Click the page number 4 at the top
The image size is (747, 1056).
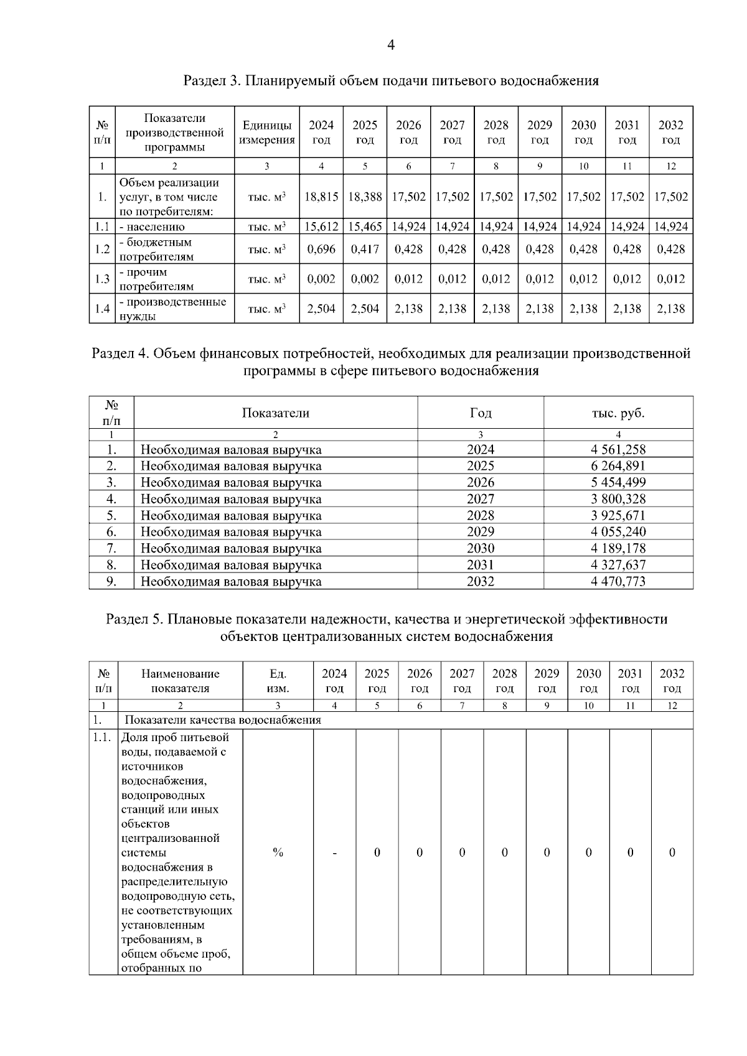pyautogui.click(x=391, y=45)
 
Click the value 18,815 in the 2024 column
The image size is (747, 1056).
pyautogui.click(x=321, y=197)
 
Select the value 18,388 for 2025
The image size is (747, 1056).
pyautogui.click(x=365, y=197)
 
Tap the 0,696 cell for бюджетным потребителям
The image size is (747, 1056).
pyautogui.click(x=321, y=249)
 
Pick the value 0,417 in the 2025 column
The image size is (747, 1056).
pyautogui.click(x=365, y=249)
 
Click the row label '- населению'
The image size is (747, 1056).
pyautogui.click(x=152, y=227)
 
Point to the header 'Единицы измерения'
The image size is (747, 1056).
pyautogui.click(x=267, y=133)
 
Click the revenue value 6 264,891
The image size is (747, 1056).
pyautogui.click(x=618, y=466)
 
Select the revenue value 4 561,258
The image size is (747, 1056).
pyautogui.click(x=618, y=449)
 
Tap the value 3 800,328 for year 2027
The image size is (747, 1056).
pyautogui.click(x=618, y=499)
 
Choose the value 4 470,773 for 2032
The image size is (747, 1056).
pyautogui.click(x=618, y=582)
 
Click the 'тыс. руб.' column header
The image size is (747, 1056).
pyautogui.click(x=618, y=413)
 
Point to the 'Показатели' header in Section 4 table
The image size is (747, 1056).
pyautogui.click(x=275, y=413)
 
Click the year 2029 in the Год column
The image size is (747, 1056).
pyautogui.click(x=481, y=532)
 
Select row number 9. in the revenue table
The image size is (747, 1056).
pyautogui.click(x=111, y=582)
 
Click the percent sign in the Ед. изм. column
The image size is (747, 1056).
pyautogui.click(x=278, y=853)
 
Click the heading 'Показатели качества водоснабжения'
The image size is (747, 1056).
pyautogui.click(x=223, y=720)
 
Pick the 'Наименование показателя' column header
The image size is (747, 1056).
pyautogui.click(x=181, y=681)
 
